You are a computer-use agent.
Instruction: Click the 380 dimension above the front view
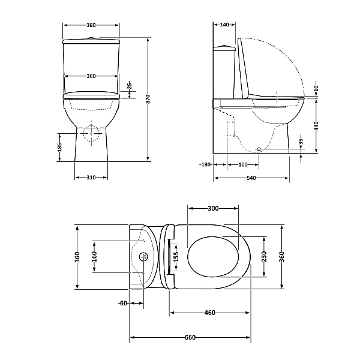(x=91, y=25)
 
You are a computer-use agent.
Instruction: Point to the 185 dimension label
(x=59, y=148)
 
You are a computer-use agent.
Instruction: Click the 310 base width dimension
(x=91, y=178)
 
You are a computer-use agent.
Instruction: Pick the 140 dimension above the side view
(x=224, y=25)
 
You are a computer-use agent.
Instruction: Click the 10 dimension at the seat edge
(x=317, y=88)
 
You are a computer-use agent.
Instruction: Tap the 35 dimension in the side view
(x=301, y=144)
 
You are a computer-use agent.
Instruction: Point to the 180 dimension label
(x=206, y=164)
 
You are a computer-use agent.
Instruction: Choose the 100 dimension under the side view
(x=243, y=164)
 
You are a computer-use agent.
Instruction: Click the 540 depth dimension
(x=250, y=178)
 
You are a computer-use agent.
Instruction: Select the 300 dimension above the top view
(x=213, y=208)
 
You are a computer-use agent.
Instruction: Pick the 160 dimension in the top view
(x=94, y=257)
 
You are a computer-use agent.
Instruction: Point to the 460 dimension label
(x=209, y=313)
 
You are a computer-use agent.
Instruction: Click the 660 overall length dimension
(x=190, y=337)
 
